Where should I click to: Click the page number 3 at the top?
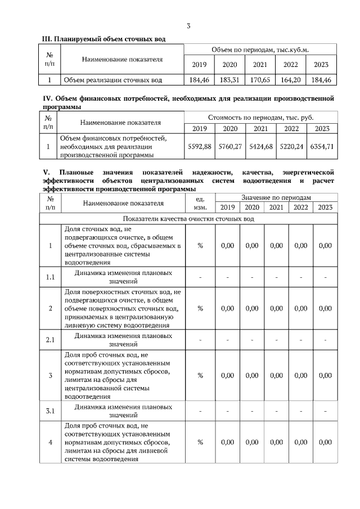[188, 26]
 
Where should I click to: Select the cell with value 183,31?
[229, 80]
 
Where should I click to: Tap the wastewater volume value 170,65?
[260, 80]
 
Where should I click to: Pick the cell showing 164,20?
[291, 80]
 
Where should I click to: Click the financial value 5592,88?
[199, 146]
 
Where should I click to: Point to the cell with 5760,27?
[229, 146]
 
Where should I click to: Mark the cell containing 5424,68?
[260, 146]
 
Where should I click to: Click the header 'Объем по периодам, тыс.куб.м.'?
[260, 50]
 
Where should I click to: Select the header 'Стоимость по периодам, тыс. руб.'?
[260, 118]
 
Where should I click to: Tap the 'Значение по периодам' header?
[276, 197]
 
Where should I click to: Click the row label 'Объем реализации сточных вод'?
[113, 80]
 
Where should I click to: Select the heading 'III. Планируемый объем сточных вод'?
[105, 38]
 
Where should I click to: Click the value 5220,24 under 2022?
[291, 146]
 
